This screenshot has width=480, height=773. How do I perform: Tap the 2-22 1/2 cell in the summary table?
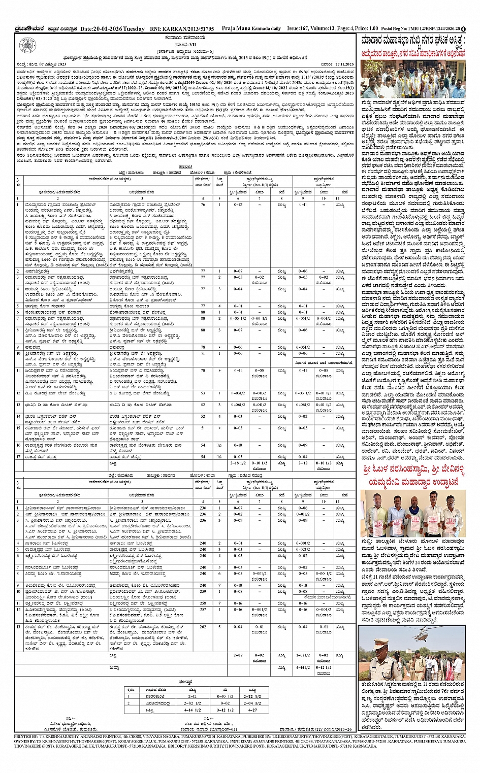[x=252, y=696]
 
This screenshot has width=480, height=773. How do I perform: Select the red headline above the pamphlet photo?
[x=412, y=475]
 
